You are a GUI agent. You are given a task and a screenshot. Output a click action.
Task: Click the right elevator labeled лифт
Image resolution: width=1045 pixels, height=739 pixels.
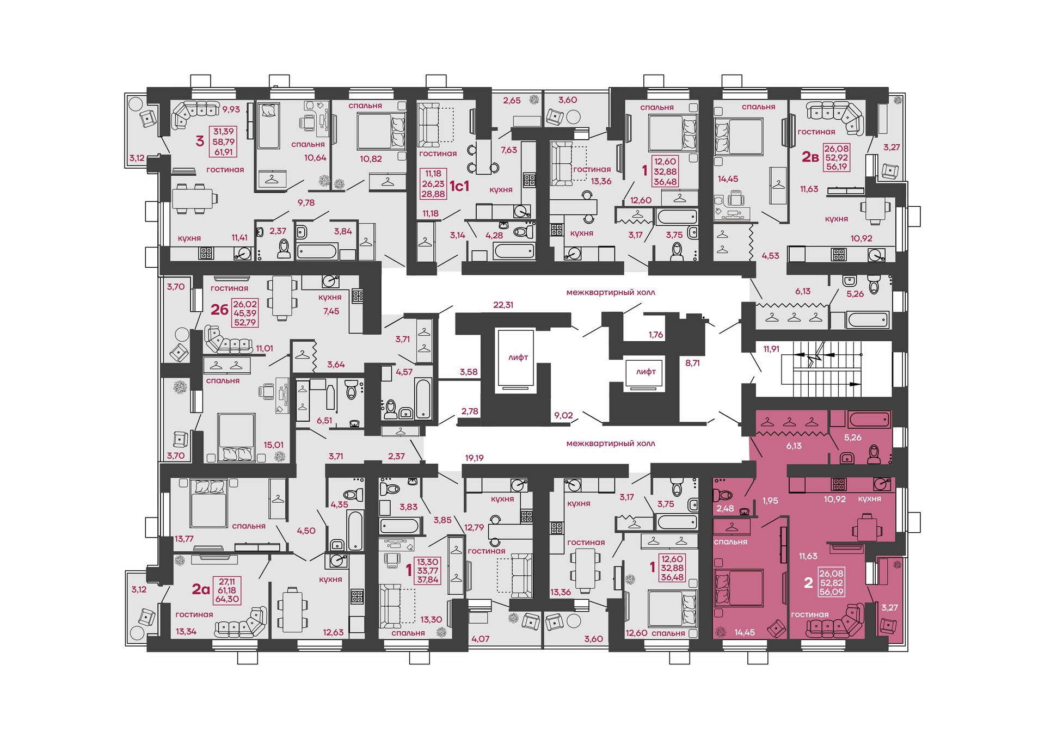coord(644,374)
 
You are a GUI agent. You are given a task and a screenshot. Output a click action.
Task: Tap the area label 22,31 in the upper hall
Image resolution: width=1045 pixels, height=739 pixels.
coord(503,305)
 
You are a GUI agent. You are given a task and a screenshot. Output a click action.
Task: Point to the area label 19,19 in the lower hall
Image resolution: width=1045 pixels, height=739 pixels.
coord(474,458)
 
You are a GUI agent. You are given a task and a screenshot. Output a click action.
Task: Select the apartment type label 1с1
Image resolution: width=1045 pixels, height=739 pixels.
coord(459,186)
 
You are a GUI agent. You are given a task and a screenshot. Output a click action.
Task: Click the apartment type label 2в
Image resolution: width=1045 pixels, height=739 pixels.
coord(810,157)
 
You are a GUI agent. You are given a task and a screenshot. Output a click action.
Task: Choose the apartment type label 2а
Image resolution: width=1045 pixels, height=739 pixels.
coord(201,589)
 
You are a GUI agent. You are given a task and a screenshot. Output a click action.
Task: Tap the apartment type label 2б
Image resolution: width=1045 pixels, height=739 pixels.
coord(219,310)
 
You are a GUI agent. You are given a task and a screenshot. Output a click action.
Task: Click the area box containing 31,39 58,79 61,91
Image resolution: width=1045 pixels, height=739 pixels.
coord(223,141)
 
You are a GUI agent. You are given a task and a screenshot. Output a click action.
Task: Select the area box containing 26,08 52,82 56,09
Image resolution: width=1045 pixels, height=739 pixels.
coord(831,582)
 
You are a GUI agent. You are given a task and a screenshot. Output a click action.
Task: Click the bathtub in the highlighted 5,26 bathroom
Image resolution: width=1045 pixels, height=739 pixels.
coord(868,419)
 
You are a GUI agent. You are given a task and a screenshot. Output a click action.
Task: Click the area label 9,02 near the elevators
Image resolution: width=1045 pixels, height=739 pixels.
coord(563,415)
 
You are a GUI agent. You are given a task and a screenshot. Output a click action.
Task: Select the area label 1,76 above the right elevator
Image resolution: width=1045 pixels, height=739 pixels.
coord(656,335)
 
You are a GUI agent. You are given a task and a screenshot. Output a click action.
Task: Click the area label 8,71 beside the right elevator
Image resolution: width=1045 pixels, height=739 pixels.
coord(692,362)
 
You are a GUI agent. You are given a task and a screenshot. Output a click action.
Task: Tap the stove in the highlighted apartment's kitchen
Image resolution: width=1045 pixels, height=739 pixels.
coord(838,484)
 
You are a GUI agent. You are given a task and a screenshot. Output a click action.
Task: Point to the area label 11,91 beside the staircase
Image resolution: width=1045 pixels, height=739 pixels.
coord(771,349)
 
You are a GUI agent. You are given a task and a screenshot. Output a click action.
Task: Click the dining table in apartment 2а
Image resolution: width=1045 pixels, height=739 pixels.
coord(292,609)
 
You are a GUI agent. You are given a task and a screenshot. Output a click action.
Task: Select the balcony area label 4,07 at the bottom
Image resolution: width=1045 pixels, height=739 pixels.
coord(480,639)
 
